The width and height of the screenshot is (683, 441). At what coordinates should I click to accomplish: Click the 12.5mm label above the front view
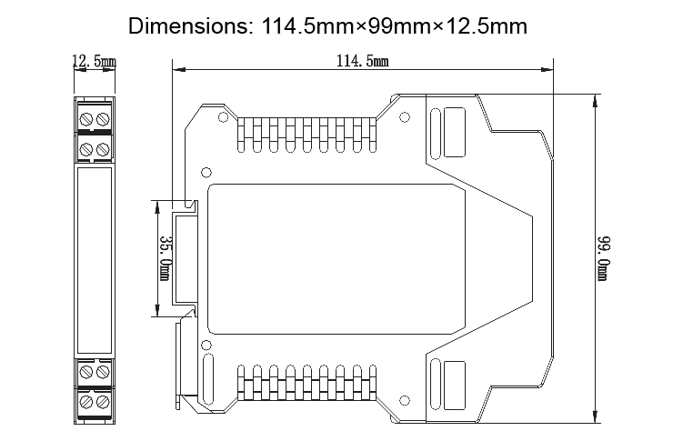pyautogui.click(x=94, y=62)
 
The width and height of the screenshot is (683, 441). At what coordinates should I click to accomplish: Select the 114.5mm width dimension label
pyautogui.click(x=363, y=61)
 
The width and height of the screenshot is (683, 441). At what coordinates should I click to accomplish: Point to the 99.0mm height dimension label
pyautogui.click(x=604, y=258)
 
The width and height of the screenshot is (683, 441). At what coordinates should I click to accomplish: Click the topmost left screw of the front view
pyautogui.click(x=86, y=118)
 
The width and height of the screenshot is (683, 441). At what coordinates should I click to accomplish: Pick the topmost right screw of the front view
pyautogui.click(x=102, y=118)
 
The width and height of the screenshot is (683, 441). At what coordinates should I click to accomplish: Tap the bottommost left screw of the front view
pyautogui.click(x=86, y=401)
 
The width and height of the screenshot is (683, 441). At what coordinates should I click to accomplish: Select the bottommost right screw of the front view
pyautogui.click(x=102, y=401)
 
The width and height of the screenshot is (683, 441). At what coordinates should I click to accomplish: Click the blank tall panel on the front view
pyautogui.click(x=95, y=259)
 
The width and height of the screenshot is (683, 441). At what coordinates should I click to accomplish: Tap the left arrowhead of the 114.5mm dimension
pyautogui.click(x=178, y=69)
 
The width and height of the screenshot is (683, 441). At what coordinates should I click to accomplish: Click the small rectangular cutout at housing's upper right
pyautogui.click(x=453, y=125)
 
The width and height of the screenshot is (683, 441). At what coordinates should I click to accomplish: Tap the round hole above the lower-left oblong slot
pyautogui.click(x=206, y=346)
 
